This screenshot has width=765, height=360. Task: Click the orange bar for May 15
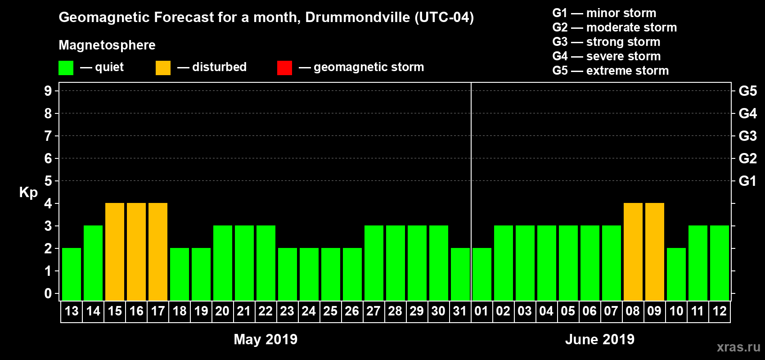(115, 252)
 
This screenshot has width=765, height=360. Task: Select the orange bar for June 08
(633, 252)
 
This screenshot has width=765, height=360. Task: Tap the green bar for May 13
(72, 274)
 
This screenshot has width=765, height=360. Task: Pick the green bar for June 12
(720, 263)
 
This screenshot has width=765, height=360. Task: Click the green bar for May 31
(460, 274)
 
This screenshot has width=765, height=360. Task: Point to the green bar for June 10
(676, 274)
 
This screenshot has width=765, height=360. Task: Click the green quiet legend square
(66, 68)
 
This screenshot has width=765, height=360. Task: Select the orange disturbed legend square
(163, 68)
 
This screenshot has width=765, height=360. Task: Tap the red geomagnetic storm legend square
(284, 68)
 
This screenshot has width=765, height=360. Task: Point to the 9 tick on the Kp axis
(48, 91)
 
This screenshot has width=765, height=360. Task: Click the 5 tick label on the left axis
(48, 181)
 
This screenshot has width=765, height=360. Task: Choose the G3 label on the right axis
(747, 136)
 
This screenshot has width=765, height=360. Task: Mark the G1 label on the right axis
(747, 181)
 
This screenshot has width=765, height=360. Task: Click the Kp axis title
(28, 192)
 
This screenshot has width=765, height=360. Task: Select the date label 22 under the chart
(265, 311)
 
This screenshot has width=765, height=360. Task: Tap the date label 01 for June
(481, 311)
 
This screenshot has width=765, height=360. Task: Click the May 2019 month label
(265, 339)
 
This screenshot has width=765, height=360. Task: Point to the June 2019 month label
(599, 339)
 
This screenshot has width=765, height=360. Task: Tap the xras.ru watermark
(738, 347)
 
